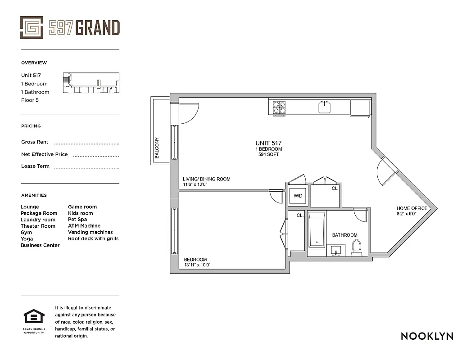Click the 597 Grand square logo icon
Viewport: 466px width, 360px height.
point(32,27)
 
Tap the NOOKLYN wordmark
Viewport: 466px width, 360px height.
point(427,336)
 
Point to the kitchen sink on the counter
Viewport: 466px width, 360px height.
point(325,108)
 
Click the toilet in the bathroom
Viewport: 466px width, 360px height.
point(357,248)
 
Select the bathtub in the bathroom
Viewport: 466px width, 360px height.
point(317,229)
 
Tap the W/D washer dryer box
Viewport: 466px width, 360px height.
point(298,196)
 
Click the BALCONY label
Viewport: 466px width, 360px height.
point(157,148)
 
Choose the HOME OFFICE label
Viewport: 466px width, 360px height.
point(412,208)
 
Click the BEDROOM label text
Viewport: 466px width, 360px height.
point(195,260)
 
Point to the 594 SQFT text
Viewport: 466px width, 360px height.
point(269,155)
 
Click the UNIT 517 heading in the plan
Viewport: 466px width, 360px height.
point(269,143)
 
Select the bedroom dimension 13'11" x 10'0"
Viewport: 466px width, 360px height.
point(197,265)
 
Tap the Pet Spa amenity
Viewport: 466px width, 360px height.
point(77,220)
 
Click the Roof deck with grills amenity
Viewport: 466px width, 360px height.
point(93,238)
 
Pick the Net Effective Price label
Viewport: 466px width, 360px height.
point(44,154)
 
